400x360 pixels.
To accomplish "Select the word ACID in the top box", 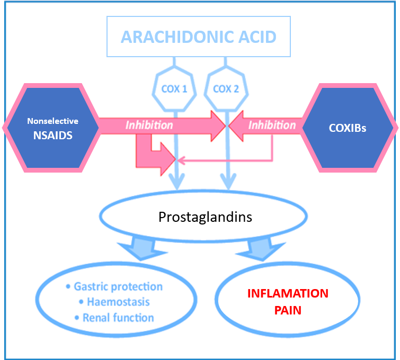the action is (x=257, y=37).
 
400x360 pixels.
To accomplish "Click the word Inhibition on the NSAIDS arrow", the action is (x=149, y=125).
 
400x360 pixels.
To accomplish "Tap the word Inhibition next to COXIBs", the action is (x=272, y=125).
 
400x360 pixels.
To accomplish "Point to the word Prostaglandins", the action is (x=206, y=217).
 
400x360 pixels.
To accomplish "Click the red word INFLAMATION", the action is (x=288, y=293).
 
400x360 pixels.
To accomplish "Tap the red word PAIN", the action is (x=288, y=310).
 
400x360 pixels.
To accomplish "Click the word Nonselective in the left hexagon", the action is (x=53, y=121).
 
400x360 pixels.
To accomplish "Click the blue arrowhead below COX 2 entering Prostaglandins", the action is (x=228, y=181).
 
